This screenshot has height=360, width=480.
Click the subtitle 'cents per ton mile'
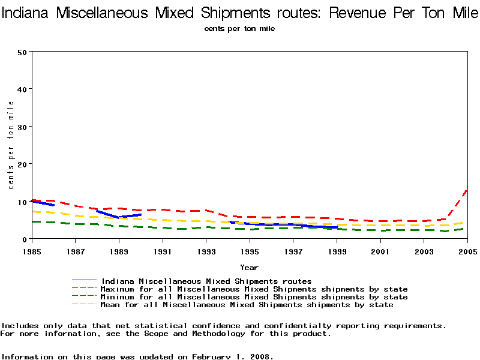pyautogui.click(x=239, y=29)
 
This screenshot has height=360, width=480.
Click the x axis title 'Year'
pyautogui.click(x=249, y=267)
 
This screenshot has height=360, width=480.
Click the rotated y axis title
pyautogui.click(x=11, y=145)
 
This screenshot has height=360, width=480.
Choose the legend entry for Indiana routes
pyautogui.click(x=206, y=281)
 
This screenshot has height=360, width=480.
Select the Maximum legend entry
pyautogui.click(x=254, y=289)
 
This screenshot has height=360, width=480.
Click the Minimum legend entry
pyautogui.click(x=254, y=297)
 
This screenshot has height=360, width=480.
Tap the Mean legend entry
pyautogui.click(x=247, y=305)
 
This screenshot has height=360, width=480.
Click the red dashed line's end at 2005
pyautogui.click(x=467, y=190)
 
